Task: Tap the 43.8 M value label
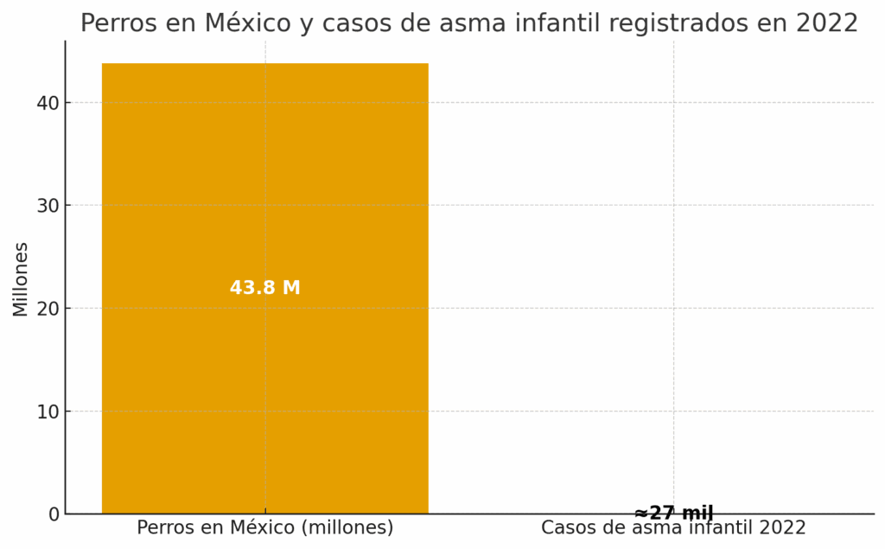(x=264, y=288)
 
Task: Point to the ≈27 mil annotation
(x=673, y=513)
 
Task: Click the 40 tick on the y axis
(x=48, y=103)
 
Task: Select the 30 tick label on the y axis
(x=48, y=206)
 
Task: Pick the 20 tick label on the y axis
(x=48, y=309)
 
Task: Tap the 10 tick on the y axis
(x=48, y=412)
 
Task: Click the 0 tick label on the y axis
(x=54, y=514)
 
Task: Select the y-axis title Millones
(x=21, y=279)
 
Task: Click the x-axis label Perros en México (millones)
(x=264, y=527)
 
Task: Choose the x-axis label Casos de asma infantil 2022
(x=673, y=527)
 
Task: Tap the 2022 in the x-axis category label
(x=781, y=527)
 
